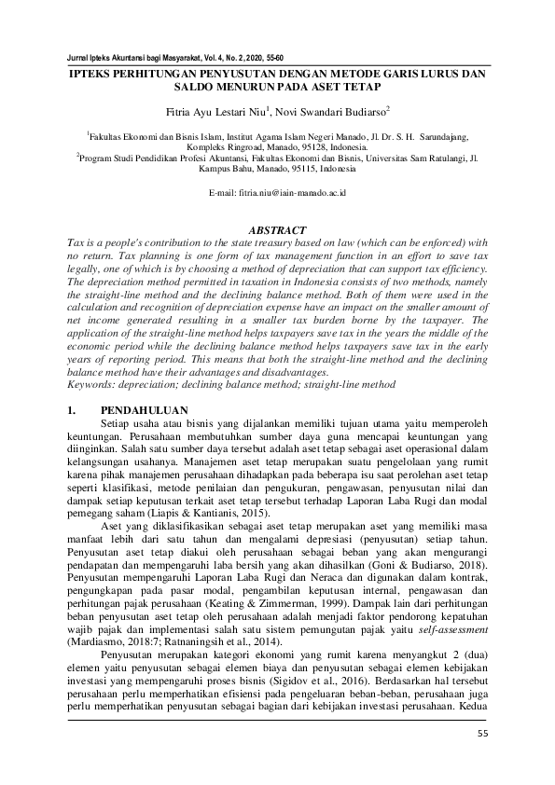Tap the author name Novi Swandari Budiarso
click(x=335, y=113)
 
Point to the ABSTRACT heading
click(x=278, y=229)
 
